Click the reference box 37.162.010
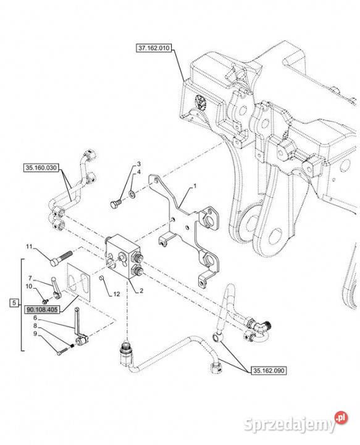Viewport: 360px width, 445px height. pyautogui.click(x=153, y=48)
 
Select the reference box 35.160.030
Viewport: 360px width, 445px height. pyautogui.click(x=41, y=167)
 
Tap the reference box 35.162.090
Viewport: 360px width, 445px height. pyautogui.click(x=269, y=370)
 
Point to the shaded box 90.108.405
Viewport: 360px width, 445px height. pyautogui.click(x=42, y=310)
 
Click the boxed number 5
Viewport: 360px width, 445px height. pyautogui.click(x=14, y=303)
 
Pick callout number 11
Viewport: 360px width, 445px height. pyautogui.click(x=30, y=247)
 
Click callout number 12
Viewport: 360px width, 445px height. pyautogui.click(x=117, y=294)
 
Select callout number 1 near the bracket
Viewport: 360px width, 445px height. pyautogui.click(x=195, y=186)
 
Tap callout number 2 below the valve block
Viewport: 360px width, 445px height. pyautogui.click(x=141, y=290)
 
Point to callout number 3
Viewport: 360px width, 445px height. pyautogui.click(x=138, y=164)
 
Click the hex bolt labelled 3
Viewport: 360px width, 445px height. pyautogui.click(x=115, y=203)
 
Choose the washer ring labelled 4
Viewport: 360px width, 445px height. pyautogui.click(x=132, y=194)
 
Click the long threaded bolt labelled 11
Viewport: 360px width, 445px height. pyautogui.click(x=61, y=258)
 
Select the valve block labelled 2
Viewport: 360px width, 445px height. pyautogui.click(x=123, y=256)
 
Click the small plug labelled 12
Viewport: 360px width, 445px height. pyautogui.click(x=101, y=279)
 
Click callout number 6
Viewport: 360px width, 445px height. pyautogui.click(x=35, y=318)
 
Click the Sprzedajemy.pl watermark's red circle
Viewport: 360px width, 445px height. pyautogui.click(x=341, y=417)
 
